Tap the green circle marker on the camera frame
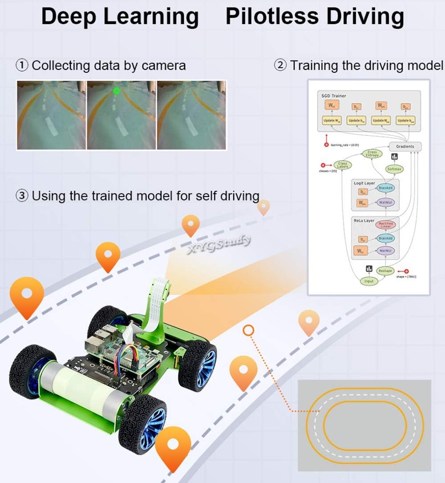coord(117,91)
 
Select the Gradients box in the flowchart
coord(405,146)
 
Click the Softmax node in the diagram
coord(394,169)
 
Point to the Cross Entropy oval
coord(372,154)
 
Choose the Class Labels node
coord(342,165)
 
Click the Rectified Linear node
coord(385,225)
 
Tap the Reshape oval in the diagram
coord(385,270)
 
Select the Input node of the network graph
coord(369,281)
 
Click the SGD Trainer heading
coord(333,96)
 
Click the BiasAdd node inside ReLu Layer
coord(385,238)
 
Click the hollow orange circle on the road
coord(248,330)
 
